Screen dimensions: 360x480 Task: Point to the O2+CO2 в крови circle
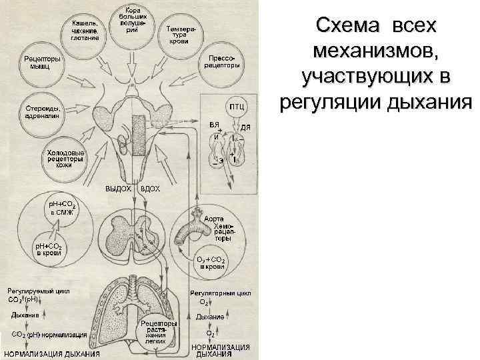point(211,261)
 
